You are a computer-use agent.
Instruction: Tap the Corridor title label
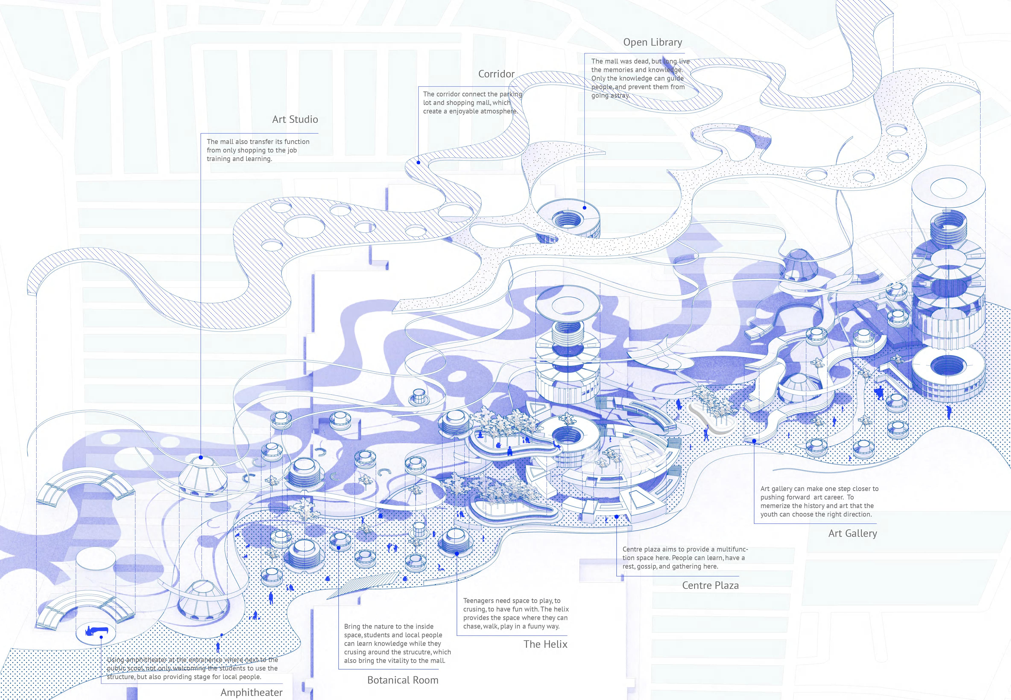(x=496, y=74)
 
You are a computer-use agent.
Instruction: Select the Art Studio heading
(x=295, y=119)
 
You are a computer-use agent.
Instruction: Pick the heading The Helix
(x=545, y=644)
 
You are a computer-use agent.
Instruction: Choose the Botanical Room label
(x=402, y=680)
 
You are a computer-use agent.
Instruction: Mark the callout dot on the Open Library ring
(x=585, y=208)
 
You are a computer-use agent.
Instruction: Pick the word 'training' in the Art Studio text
(x=218, y=159)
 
